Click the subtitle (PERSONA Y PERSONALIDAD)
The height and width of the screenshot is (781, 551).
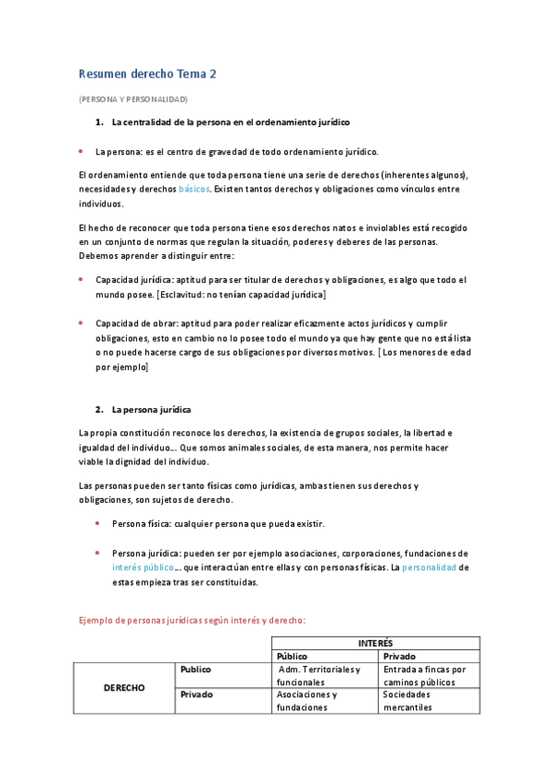[133, 99]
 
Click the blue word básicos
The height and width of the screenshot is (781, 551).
[193, 189]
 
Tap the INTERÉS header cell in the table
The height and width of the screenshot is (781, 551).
[374, 643]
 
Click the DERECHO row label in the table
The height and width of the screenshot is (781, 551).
[123, 688]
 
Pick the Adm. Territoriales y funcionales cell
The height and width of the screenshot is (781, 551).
[325, 675]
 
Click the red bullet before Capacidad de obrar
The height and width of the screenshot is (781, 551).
[82, 322]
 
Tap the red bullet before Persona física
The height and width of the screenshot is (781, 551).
[98, 523]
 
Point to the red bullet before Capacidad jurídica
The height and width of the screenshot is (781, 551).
[82, 279]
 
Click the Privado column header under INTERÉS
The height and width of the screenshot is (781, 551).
[400, 656]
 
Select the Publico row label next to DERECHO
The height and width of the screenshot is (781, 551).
[197, 670]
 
